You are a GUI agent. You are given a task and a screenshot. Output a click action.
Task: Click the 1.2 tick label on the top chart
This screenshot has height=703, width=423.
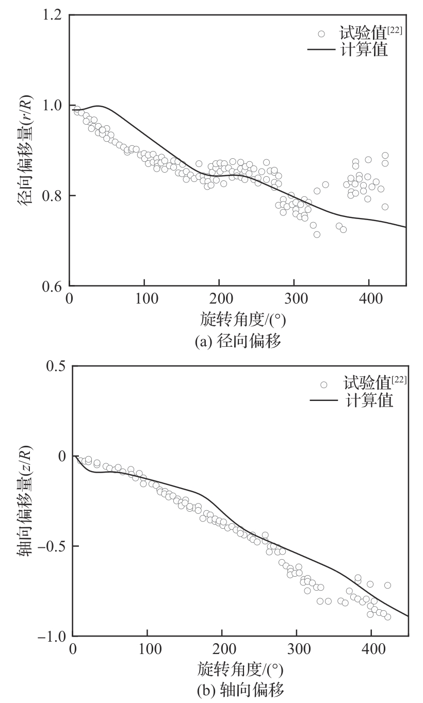51,15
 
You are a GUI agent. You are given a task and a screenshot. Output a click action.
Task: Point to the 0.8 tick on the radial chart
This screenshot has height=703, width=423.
51,196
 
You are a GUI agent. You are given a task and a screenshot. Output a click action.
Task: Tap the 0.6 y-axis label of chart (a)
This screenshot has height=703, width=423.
51,287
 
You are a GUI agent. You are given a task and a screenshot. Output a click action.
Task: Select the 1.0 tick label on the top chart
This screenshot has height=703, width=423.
51,106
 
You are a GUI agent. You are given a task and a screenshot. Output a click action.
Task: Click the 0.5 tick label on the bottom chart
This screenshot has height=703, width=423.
54,366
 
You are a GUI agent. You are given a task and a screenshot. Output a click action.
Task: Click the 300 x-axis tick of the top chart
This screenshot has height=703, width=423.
294,298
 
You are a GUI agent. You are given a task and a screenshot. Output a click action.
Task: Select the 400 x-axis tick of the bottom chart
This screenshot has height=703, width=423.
372,649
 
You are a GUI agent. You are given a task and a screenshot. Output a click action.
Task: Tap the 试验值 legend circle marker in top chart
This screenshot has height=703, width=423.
321,34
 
